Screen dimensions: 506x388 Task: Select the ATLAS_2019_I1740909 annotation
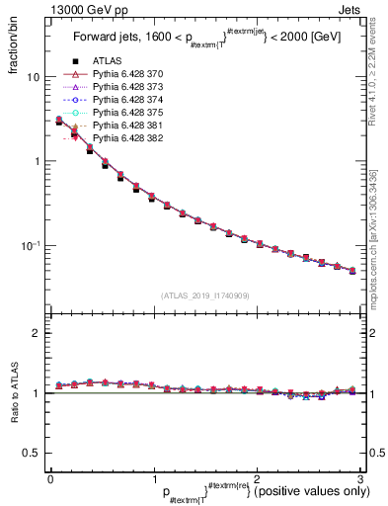click(203, 295)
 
